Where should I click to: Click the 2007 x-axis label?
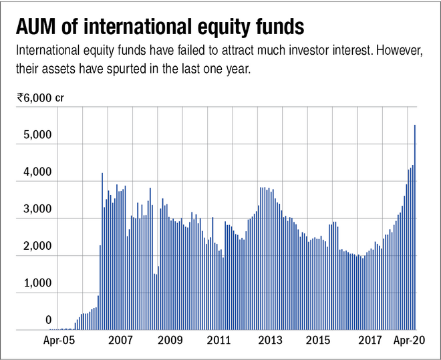(x=120, y=341)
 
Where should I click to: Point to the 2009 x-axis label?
(x=170, y=341)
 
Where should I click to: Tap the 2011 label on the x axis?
(x=219, y=341)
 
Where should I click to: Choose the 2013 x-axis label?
(x=269, y=341)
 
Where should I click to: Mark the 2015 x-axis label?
(x=319, y=341)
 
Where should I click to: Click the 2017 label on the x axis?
(x=370, y=341)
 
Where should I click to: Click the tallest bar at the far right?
(x=416, y=227)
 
